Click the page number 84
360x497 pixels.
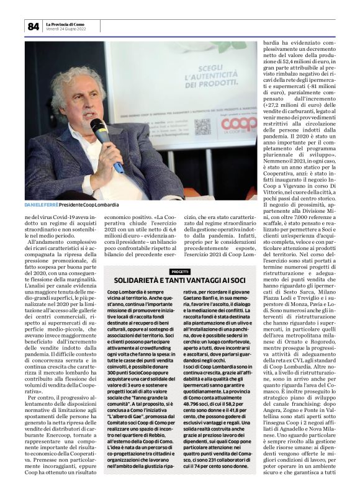tap(33, 26)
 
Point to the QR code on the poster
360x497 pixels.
tap(202, 127)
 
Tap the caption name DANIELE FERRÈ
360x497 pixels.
tap(42, 204)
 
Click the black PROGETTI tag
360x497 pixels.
tap(180, 271)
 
